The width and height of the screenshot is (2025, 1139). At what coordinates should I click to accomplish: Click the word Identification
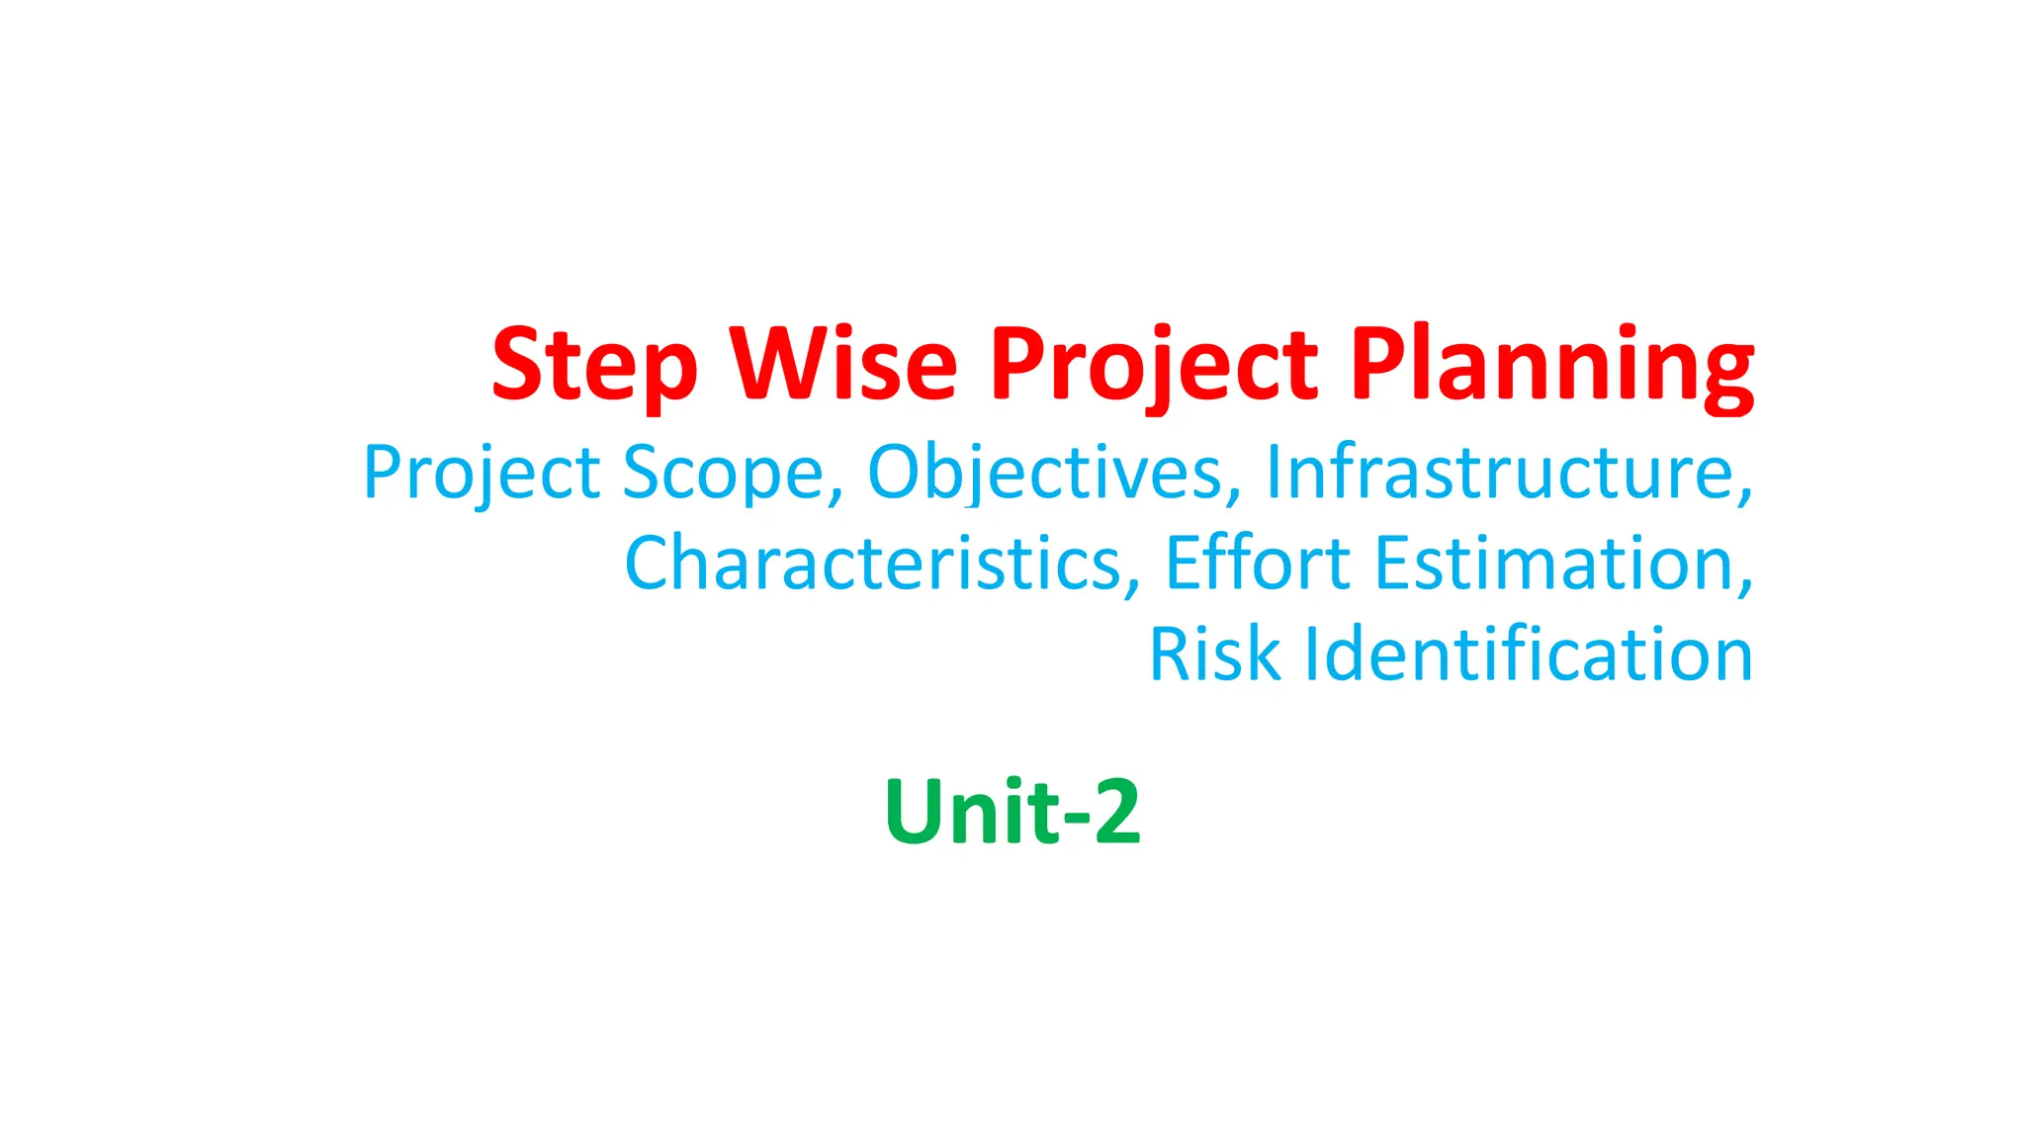[x=1529, y=654]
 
